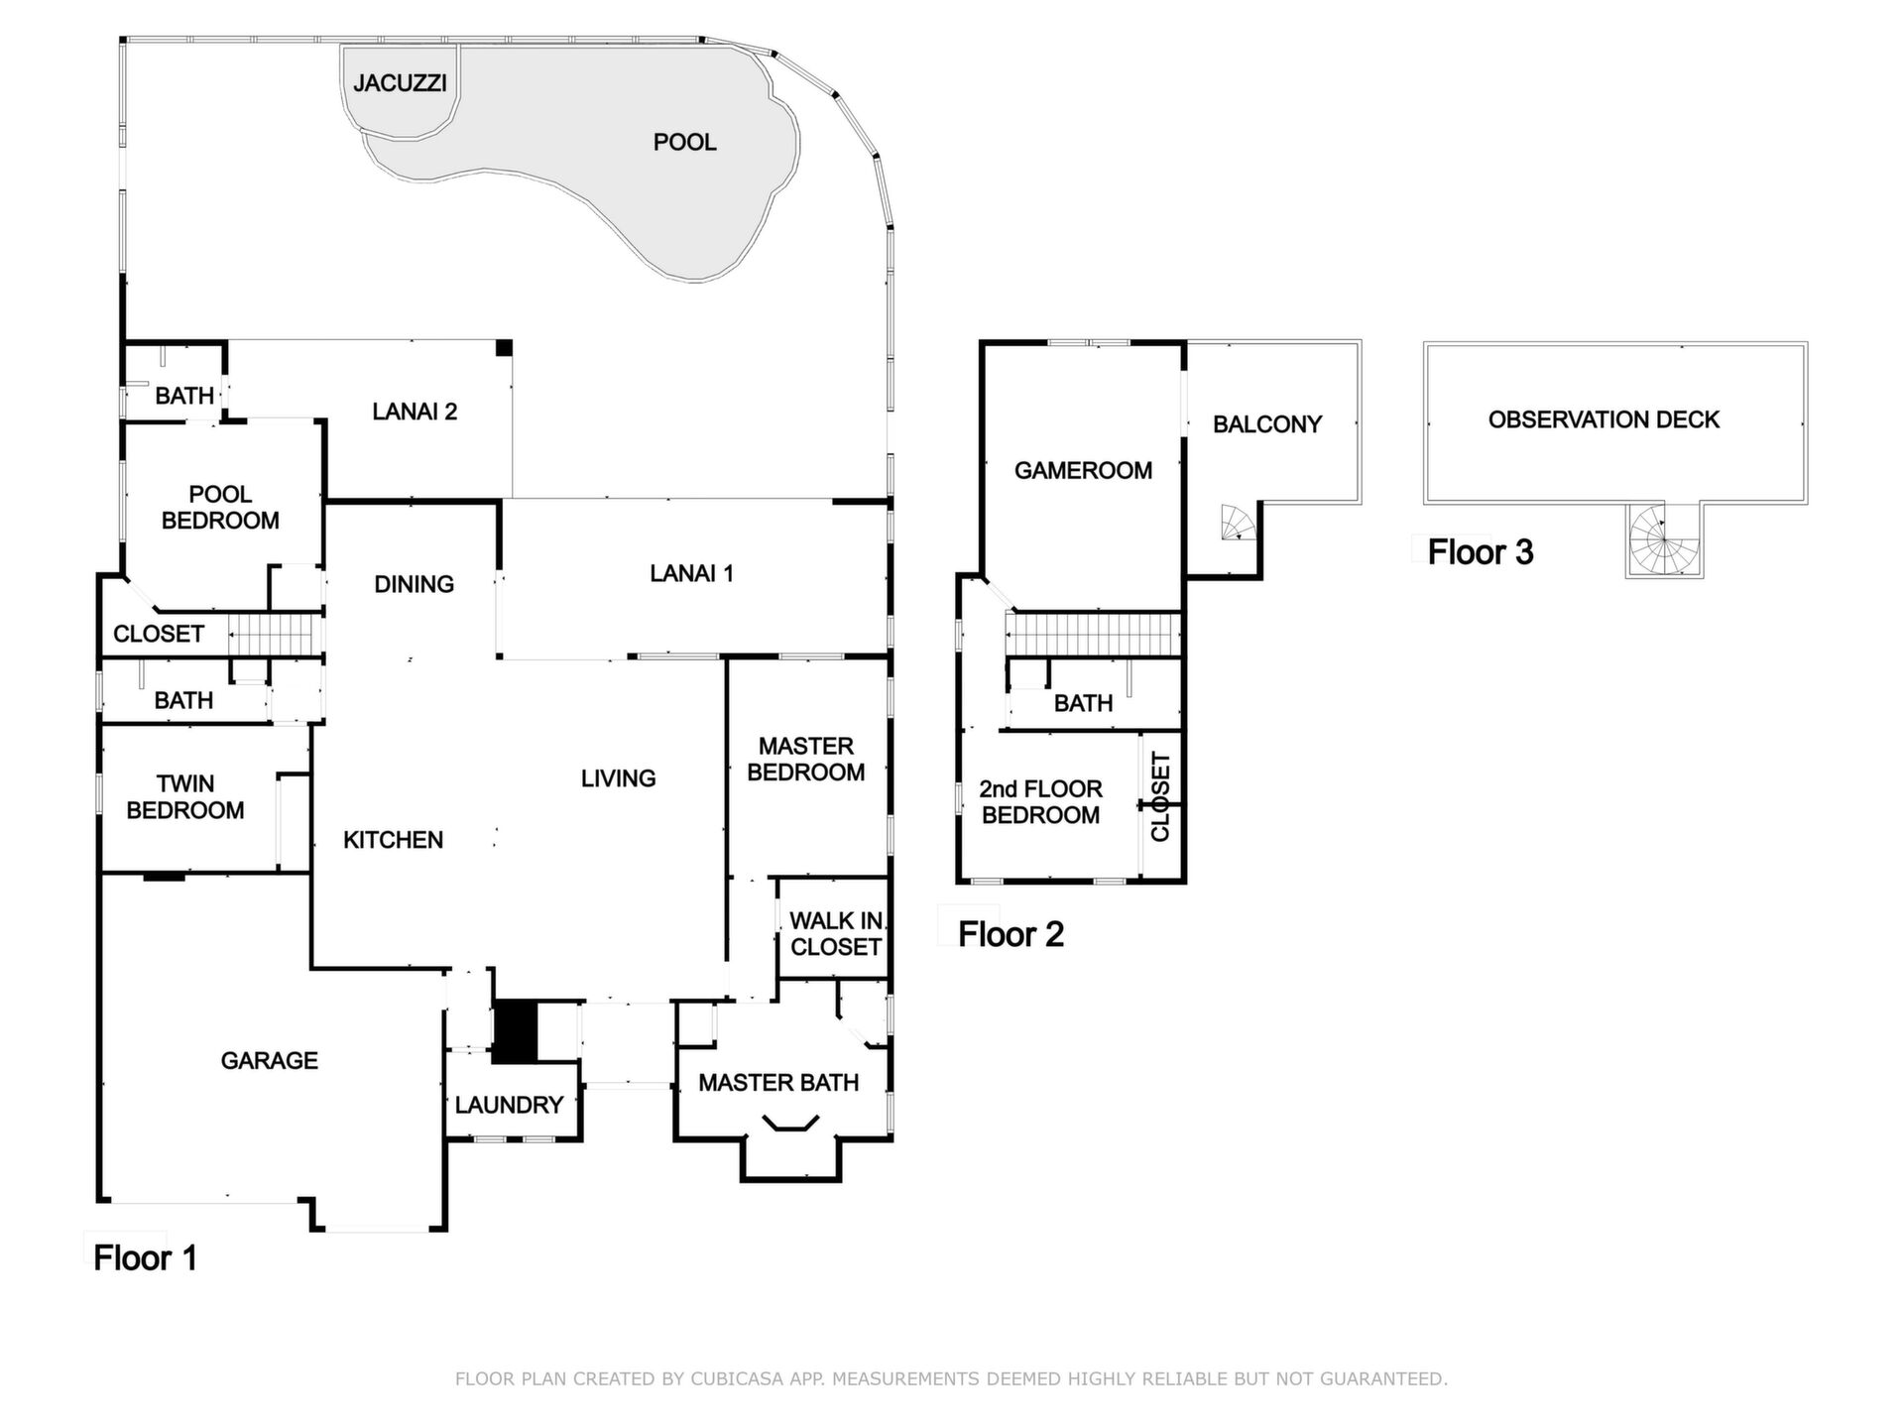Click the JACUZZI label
point(400,83)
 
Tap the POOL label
point(684,143)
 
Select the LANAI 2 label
point(415,412)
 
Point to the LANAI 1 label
point(691,573)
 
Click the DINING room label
point(414,584)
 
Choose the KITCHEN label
point(393,840)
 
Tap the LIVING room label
point(618,778)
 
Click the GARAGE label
point(269,1061)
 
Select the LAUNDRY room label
point(509,1105)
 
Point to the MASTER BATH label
point(778,1083)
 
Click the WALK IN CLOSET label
point(836,934)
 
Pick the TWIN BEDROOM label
point(185,797)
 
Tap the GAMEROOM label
point(1083,470)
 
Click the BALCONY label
point(1267,424)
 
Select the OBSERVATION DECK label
point(1604,419)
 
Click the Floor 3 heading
point(1481,552)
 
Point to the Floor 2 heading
point(1011,934)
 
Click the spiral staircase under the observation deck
point(1664,539)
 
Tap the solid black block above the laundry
point(515,1032)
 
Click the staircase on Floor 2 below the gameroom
point(1094,634)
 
